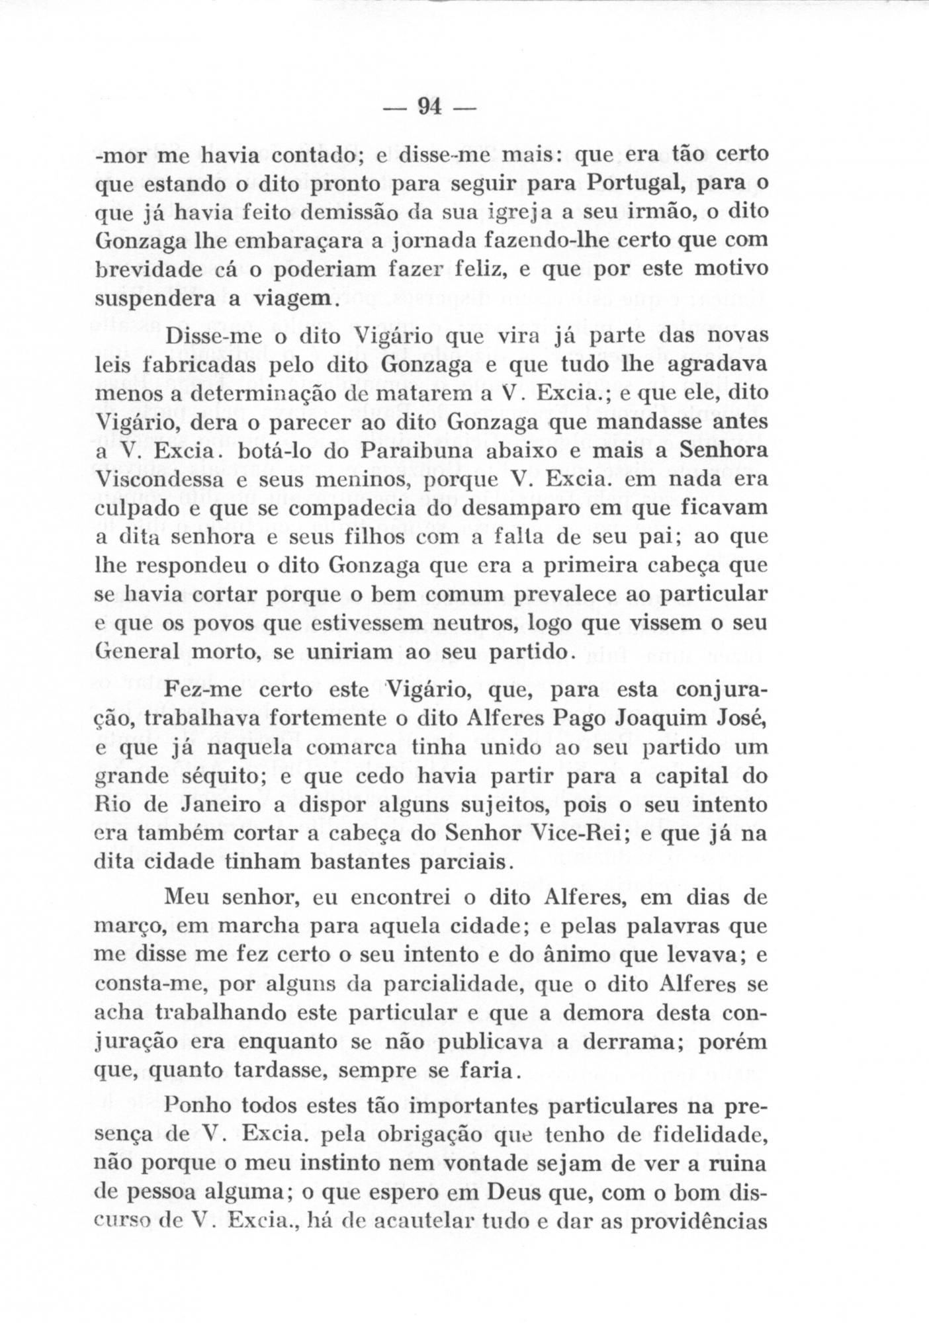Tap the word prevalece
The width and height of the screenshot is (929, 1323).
[x=566, y=595]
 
